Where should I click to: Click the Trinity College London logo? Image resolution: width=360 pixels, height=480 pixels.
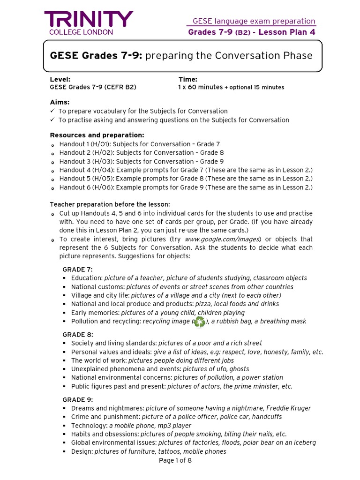click(89, 23)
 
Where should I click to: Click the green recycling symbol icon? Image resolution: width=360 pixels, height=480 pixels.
click(200, 322)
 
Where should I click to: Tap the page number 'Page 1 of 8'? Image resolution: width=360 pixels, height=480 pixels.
click(175, 460)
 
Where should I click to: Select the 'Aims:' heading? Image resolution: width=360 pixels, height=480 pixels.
click(60, 102)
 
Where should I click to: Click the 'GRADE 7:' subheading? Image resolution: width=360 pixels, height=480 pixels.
click(78, 269)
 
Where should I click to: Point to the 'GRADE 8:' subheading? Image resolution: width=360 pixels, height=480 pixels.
click(78, 334)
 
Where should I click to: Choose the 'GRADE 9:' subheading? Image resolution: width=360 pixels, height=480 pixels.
click(78, 399)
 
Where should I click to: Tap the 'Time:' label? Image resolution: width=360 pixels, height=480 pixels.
click(187, 79)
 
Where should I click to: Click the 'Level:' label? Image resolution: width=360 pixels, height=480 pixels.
click(60, 79)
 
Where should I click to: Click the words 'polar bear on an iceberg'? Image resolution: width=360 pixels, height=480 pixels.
click(278, 442)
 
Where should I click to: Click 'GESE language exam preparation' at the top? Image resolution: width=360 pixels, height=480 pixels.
click(254, 21)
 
